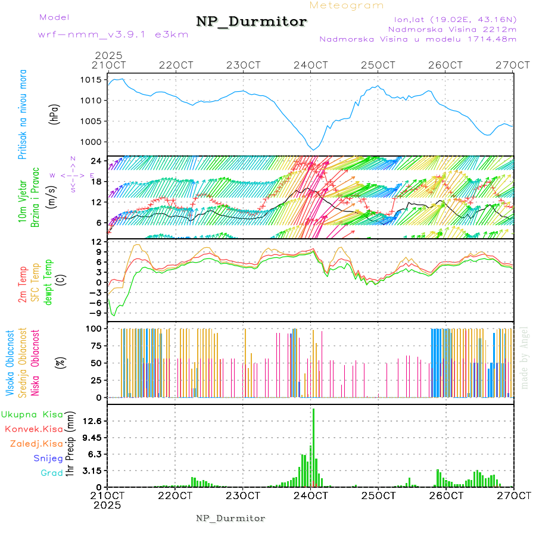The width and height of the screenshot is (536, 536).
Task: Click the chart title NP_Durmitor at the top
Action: click(251, 21)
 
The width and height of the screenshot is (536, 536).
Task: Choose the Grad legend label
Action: click(52, 473)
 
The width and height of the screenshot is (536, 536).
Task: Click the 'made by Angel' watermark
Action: click(525, 357)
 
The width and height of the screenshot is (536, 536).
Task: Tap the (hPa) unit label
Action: click(54, 114)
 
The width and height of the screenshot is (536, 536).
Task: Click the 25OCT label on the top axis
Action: click(378, 65)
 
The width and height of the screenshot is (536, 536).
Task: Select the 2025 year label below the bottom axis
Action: click(108, 504)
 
